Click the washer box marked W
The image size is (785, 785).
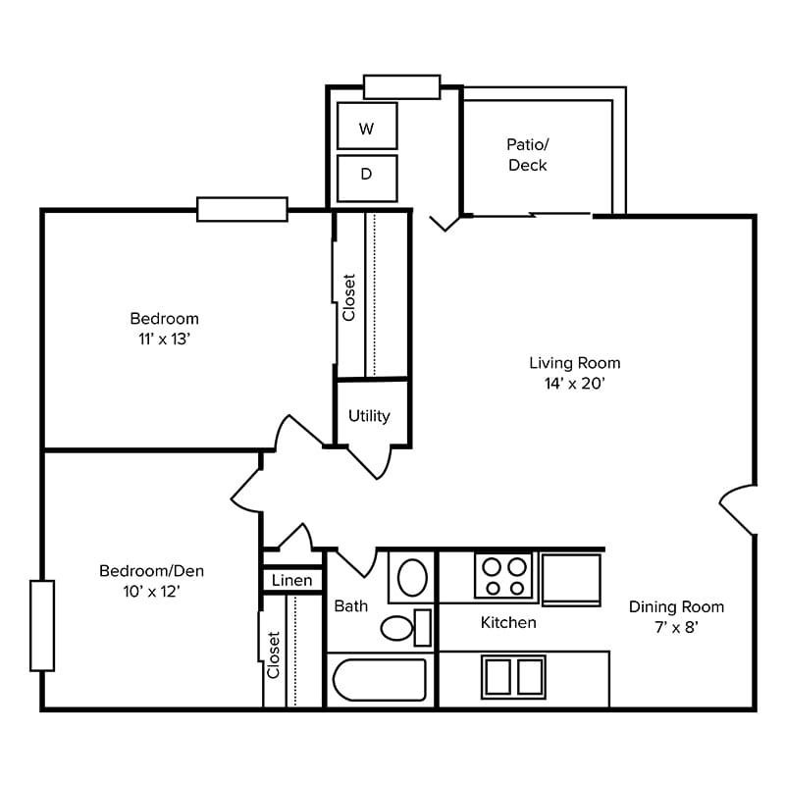tap(367, 127)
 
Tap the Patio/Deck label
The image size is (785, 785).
tap(527, 154)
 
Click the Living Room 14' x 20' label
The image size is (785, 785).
tap(574, 373)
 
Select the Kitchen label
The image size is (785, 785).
tap(508, 622)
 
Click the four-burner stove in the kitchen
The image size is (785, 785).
tap(503, 576)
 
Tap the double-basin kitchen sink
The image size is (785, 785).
tap(513, 677)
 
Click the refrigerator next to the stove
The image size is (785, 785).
tap(571, 580)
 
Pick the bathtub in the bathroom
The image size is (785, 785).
tap(380, 679)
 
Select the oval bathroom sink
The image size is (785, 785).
tap(412, 578)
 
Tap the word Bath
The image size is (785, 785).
tap(350, 605)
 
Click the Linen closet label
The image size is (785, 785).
tap(292, 581)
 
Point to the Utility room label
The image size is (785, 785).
tap(369, 416)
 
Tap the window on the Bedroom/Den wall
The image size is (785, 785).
tap(42, 625)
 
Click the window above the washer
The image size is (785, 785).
tap(401, 86)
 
